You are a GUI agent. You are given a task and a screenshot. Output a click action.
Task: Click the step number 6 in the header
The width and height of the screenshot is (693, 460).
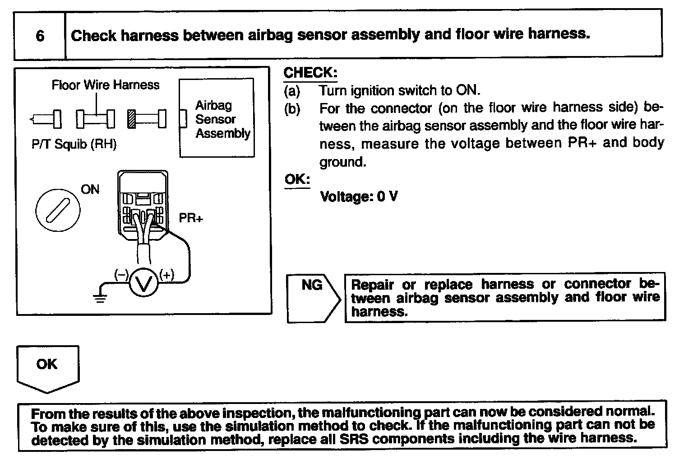tap(40, 36)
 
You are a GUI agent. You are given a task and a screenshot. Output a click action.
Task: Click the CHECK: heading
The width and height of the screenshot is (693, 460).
tap(310, 73)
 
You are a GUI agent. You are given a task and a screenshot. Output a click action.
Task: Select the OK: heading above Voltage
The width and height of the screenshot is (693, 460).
tap(297, 179)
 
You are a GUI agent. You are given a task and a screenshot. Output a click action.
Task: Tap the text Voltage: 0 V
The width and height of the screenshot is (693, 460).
tap(359, 197)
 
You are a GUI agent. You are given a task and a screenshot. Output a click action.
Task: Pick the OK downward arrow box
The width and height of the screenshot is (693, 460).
tap(48, 366)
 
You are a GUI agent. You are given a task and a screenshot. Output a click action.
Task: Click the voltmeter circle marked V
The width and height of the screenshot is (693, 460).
tap(144, 284)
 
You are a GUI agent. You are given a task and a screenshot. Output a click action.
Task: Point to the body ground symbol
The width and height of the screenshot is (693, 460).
tap(100, 297)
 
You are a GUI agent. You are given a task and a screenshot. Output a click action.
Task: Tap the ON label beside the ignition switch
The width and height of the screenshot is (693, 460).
tap(90, 189)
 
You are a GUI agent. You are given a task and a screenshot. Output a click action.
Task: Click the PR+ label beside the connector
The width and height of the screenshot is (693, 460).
tap(191, 218)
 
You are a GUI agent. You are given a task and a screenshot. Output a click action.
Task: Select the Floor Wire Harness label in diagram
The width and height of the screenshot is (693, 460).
tap(106, 85)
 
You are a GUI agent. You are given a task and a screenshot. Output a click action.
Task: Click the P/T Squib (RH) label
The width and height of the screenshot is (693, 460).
tap(74, 145)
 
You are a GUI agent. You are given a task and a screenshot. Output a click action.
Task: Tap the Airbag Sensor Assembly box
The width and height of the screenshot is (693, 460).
tap(217, 118)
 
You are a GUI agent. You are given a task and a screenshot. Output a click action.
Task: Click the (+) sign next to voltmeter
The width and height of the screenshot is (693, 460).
tap(166, 274)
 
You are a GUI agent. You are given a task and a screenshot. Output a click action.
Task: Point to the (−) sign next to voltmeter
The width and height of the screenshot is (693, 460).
tap(122, 274)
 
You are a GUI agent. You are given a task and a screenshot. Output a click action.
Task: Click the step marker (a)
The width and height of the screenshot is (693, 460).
tap(291, 91)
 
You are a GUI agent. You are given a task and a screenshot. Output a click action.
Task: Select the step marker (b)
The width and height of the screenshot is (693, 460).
tap(291, 109)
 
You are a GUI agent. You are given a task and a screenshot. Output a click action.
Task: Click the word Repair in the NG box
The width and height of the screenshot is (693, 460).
tap(373, 285)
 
